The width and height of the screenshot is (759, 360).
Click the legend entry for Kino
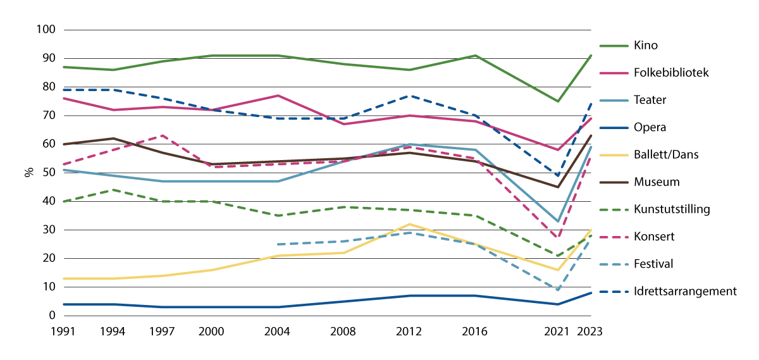(646, 46)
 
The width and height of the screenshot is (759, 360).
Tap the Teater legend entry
(650, 100)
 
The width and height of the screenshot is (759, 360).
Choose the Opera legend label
(649, 127)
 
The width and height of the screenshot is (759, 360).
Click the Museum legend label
(656, 182)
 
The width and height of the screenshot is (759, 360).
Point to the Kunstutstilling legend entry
(670, 209)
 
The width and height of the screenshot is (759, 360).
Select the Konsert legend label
(654, 237)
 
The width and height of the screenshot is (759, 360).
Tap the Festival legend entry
(653, 264)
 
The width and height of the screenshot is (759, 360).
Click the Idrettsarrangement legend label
(684, 291)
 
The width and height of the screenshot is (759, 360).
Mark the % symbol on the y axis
(28, 173)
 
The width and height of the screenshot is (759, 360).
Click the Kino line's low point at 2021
(557, 101)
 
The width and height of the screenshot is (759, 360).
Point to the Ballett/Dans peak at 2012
(410, 224)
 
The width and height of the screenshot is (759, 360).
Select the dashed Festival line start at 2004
(278, 244)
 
